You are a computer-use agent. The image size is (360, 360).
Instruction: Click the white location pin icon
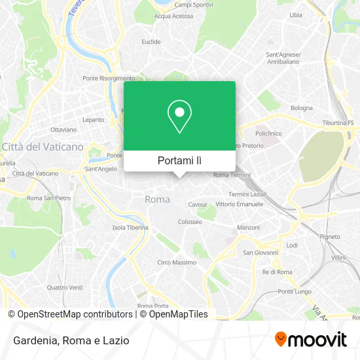click(179, 117)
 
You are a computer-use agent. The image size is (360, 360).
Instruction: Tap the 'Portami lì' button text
click(179, 160)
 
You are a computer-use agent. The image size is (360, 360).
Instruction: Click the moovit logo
click(310, 340)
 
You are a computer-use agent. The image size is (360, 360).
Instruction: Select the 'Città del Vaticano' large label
click(43, 147)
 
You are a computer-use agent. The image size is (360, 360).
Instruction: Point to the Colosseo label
click(190, 222)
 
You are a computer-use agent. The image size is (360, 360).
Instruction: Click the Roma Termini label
click(232, 175)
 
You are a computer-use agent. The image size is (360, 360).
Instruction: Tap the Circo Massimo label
click(177, 262)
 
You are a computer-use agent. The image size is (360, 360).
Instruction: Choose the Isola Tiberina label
click(130, 228)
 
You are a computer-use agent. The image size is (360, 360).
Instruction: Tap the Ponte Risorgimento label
click(109, 79)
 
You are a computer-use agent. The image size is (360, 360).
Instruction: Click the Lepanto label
click(94, 120)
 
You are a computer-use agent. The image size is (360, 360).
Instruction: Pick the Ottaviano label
click(63, 130)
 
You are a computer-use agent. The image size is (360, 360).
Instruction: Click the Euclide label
click(151, 42)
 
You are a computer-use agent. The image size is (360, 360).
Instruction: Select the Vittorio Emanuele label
click(239, 204)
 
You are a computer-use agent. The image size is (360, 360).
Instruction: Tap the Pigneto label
click(329, 236)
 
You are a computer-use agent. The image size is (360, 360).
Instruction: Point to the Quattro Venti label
click(65, 287)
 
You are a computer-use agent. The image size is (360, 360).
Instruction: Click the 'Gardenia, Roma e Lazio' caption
click(69, 340)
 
